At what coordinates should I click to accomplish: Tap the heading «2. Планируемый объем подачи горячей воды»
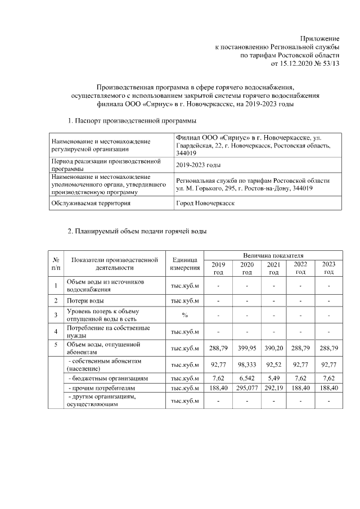pyautogui.click(x=137, y=231)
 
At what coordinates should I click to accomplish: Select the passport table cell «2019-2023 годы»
pyautogui.click(x=198, y=165)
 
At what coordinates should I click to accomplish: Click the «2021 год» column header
pyautogui.click(x=273, y=268)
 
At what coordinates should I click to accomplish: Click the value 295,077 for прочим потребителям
pyautogui.click(x=246, y=388)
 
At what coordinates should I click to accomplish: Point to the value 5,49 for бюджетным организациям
pyautogui.click(x=273, y=378)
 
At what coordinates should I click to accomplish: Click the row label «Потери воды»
pyautogui.click(x=85, y=301)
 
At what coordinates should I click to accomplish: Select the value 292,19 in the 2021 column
pyautogui.click(x=273, y=388)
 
